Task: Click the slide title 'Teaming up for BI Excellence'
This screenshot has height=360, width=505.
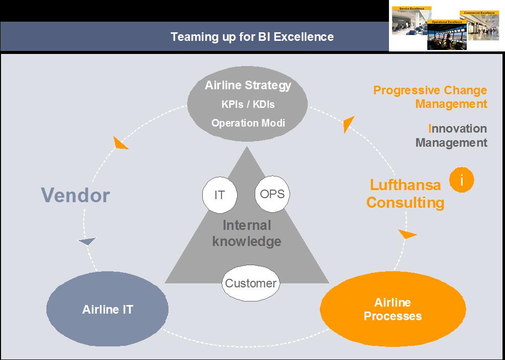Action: [x=252, y=37]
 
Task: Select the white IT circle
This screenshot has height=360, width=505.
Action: [x=219, y=195]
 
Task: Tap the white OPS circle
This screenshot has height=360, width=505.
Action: [x=272, y=194]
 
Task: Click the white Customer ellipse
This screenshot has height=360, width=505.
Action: [x=251, y=283]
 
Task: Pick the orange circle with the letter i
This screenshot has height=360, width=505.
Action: [x=461, y=178]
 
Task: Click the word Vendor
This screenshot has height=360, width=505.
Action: [x=75, y=195]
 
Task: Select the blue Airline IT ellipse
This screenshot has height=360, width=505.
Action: [x=107, y=309]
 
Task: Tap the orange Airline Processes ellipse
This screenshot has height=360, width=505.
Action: [x=393, y=310]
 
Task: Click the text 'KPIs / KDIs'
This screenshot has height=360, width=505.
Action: [x=248, y=104]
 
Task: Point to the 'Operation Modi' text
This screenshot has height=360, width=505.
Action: [x=248, y=123]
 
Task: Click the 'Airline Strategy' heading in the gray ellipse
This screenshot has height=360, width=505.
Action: [x=248, y=85]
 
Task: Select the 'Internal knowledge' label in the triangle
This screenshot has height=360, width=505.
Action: [x=247, y=233]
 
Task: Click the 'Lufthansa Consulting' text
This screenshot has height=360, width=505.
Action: [x=405, y=194]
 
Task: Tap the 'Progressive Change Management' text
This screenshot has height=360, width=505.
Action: [x=430, y=97]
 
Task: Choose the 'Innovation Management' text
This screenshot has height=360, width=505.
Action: [x=451, y=136]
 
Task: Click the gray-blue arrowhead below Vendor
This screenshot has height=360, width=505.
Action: [x=87, y=242]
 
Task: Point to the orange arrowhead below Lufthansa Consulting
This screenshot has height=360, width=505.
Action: [x=407, y=234]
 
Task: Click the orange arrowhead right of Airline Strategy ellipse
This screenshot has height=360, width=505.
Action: [x=348, y=124]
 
